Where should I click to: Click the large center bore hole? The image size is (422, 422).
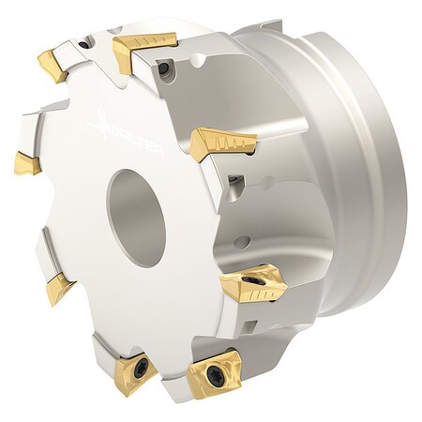pos(136,205)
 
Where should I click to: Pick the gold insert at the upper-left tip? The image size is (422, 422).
pos(53,65)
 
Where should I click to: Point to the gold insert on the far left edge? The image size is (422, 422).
pos(26,163)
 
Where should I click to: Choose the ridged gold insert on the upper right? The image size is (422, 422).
pos(223,143)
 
